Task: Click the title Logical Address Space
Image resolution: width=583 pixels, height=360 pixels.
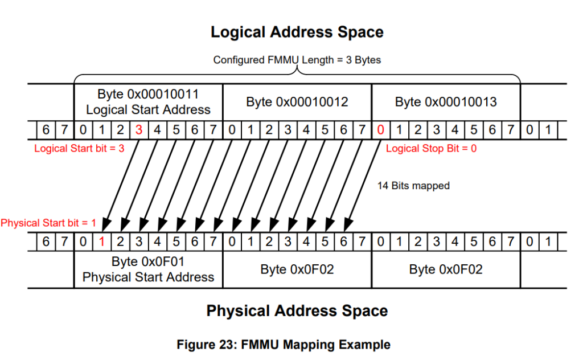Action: click(x=297, y=32)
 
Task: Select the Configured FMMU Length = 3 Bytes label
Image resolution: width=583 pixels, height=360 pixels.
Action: click(x=297, y=59)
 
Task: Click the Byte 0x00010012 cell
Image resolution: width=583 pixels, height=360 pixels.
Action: click(x=297, y=102)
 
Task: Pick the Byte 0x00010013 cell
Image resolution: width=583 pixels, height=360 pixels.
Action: click(x=446, y=102)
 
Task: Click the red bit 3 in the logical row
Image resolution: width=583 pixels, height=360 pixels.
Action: click(x=138, y=130)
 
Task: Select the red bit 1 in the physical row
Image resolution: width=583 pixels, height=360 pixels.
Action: click(x=101, y=242)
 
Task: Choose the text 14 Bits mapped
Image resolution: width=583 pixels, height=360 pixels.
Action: click(x=413, y=186)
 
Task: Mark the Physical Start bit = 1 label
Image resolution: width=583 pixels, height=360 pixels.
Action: click(x=48, y=223)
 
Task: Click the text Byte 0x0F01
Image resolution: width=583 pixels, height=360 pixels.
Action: click(x=148, y=263)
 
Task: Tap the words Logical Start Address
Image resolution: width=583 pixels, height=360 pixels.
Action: click(x=148, y=109)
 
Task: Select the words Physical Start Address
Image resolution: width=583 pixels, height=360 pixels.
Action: click(x=148, y=277)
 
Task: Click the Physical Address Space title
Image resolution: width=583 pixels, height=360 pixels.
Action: click(x=297, y=311)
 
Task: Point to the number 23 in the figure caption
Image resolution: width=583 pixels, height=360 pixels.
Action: click(x=224, y=345)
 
